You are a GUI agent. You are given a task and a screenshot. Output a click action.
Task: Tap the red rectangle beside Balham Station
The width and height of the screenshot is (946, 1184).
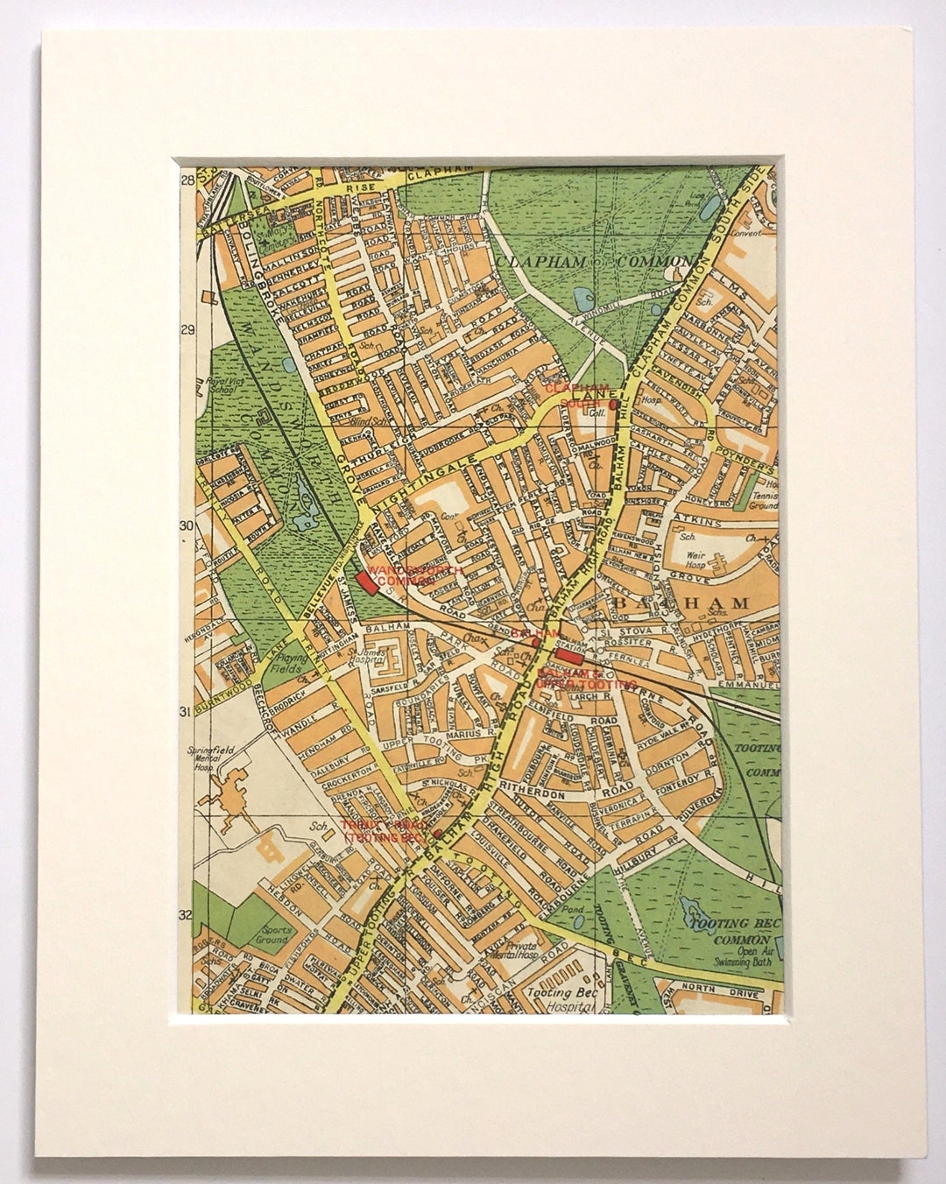[x=570, y=656]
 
